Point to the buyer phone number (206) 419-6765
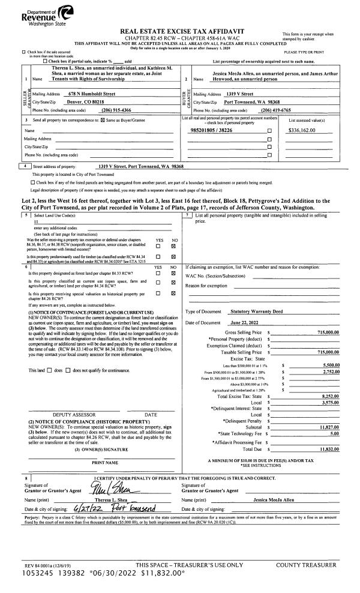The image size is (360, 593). (280, 110)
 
